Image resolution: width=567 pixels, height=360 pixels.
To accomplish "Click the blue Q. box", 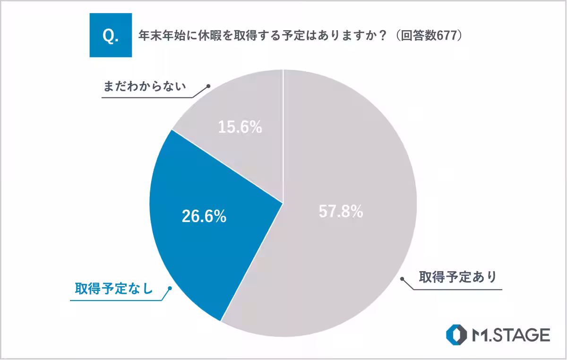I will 110,35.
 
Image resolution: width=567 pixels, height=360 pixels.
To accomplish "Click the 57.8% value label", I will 341,212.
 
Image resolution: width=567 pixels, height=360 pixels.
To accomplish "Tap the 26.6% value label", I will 204,216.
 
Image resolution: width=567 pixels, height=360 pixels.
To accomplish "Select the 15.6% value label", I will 240,127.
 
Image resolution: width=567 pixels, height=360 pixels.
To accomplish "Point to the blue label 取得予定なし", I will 114,289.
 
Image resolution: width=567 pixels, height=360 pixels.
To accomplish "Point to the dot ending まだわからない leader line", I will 207,86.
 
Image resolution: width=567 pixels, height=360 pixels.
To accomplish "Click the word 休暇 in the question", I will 204,36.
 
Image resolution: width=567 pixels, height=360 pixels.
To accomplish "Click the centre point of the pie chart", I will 283,203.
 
